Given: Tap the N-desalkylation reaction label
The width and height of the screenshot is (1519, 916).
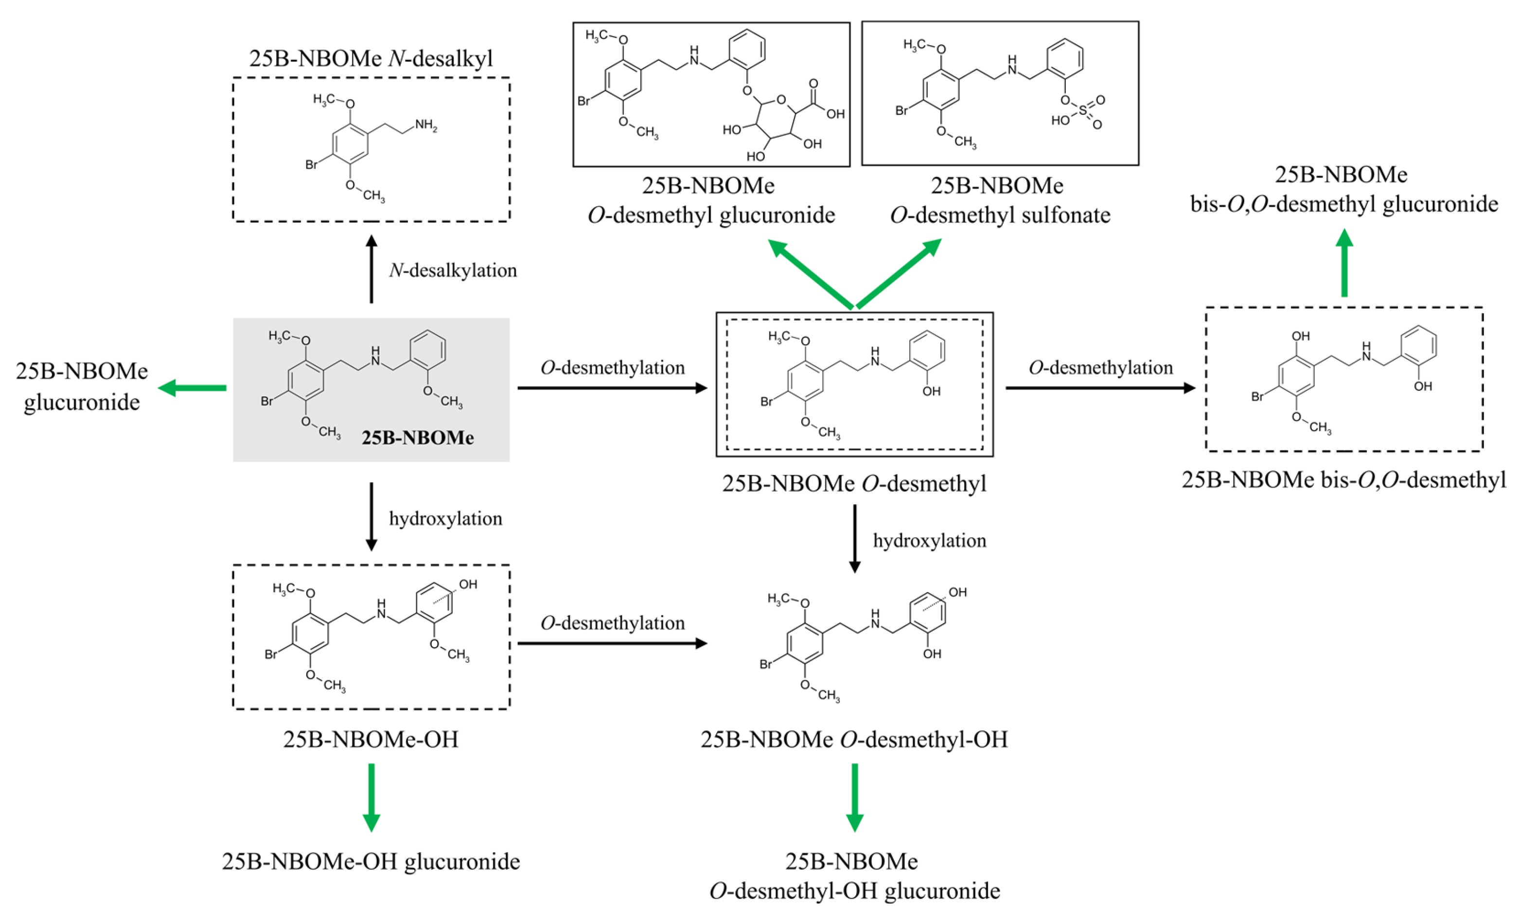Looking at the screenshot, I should point(453,270).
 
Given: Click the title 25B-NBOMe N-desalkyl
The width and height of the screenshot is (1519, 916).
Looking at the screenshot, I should point(371,58).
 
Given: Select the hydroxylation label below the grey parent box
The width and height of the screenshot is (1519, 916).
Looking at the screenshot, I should point(445,518).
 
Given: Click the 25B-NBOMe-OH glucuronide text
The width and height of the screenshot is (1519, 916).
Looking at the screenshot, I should point(371,861).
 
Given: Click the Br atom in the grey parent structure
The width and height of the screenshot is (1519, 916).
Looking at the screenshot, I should point(266,401).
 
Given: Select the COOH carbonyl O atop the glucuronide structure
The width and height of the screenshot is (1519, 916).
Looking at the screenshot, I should point(813,83).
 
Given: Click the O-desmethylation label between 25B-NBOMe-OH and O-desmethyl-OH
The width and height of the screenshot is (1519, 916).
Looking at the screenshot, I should point(612,623).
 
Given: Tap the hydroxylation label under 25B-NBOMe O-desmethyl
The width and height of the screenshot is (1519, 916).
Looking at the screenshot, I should point(929,541).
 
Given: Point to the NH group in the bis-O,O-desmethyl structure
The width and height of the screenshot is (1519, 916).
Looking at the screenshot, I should point(1366,352).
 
